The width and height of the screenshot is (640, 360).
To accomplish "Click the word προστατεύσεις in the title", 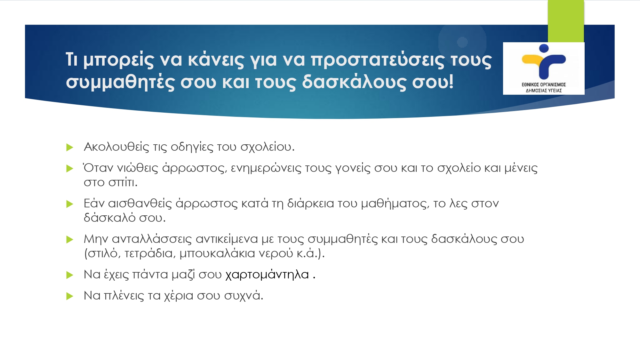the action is coord(378,60).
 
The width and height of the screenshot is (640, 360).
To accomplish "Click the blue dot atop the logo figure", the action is coord(544,48).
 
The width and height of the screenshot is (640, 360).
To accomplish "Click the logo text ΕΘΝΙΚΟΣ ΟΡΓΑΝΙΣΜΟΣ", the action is coord(544,84).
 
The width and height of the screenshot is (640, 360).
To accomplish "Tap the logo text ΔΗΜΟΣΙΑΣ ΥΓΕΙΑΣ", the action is coord(544,91).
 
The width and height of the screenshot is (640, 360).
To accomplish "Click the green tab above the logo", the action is coord(566,21).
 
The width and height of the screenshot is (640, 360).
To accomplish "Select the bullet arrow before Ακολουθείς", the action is coord(70,148).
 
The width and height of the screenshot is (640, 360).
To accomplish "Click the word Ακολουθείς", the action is coord(116,147).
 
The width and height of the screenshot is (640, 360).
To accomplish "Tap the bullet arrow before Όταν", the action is coord(70,169).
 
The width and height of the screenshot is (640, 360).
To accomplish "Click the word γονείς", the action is coord(353,168).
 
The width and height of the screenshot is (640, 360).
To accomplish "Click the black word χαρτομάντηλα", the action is coord(267,275).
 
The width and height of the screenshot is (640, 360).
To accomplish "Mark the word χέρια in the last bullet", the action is coord(179,296).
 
